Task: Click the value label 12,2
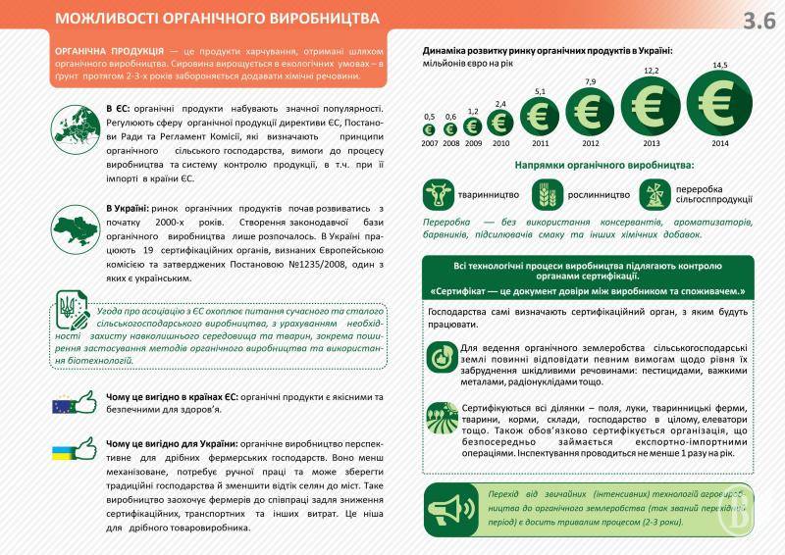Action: tap(651, 70)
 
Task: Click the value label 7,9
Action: tap(591, 80)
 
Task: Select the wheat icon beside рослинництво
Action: tap(548, 194)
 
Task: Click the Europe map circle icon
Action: tap(77, 126)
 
